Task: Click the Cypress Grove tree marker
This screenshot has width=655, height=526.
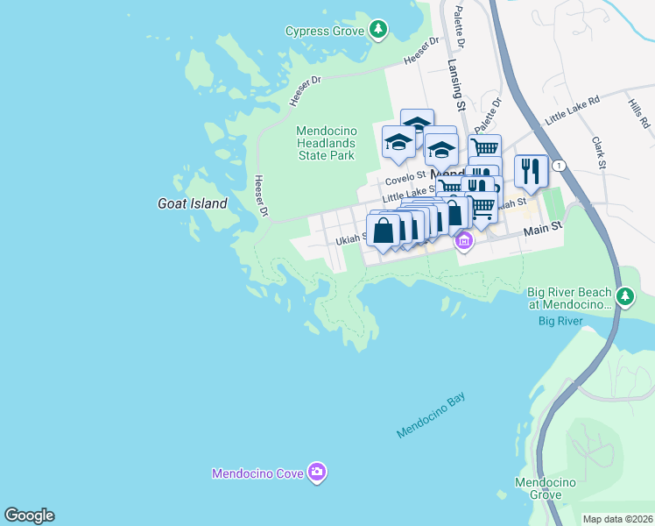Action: (x=378, y=31)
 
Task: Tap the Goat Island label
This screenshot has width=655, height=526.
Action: (x=192, y=203)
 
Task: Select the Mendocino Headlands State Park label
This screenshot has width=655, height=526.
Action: (x=325, y=143)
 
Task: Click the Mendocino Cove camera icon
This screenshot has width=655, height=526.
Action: (x=317, y=473)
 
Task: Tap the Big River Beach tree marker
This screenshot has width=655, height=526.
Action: (x=624, y=297)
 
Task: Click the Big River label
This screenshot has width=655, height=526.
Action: (x=560, y=322)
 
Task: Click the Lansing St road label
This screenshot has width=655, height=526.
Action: (x=455, y=85)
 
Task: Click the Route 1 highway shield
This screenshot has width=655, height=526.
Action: (x=560, y=166)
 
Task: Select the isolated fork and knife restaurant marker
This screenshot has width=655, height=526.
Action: (x=531, y=171)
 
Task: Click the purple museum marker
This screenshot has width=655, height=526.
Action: (x=464, y=241)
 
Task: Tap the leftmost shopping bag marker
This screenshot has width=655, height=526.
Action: (x=384, y=231)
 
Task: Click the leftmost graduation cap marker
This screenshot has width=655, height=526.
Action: (x=398, y=142)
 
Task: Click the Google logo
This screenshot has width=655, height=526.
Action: (x=29, y=515)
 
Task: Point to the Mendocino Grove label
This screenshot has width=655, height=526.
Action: (x=545, y=488)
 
